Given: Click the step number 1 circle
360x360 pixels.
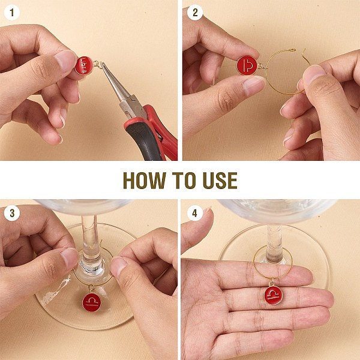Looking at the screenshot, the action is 12,13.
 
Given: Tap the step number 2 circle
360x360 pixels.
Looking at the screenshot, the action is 195,13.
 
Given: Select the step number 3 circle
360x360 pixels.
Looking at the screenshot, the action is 12,213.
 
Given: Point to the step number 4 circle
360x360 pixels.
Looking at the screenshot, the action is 194,213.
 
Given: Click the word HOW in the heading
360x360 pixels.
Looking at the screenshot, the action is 144,180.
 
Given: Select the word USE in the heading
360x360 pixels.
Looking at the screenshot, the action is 220,180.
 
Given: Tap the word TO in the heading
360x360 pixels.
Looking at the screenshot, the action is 184,180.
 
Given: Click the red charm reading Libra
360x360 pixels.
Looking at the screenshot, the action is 84,65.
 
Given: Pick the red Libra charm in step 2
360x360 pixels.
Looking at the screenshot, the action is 247,65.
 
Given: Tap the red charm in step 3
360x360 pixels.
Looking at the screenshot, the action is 92,302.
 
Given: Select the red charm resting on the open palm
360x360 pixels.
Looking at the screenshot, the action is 273,296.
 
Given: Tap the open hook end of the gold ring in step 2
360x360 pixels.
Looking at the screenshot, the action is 293,49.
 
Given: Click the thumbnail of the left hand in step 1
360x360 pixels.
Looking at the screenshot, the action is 66,60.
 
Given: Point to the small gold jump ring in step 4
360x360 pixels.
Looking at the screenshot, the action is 272,283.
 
